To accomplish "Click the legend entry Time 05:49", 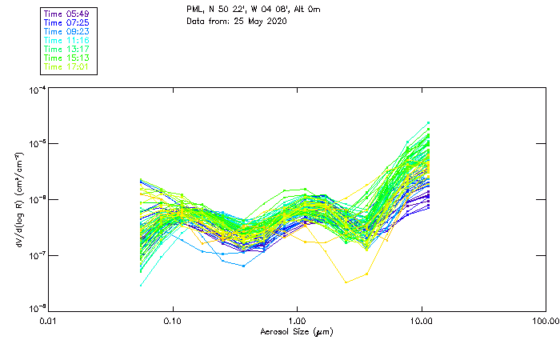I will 66,14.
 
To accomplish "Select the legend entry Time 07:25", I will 66,23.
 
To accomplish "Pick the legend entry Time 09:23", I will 66,32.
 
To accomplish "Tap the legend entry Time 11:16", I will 66,41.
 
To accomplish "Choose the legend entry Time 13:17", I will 66,50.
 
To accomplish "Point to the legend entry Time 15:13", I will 66,58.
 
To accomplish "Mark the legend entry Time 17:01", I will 66,67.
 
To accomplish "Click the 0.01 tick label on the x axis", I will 49,322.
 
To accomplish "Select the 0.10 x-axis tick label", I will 173,322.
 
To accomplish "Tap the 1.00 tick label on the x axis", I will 298,322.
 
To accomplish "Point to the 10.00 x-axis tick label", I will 422,322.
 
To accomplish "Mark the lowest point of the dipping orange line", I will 346,282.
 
